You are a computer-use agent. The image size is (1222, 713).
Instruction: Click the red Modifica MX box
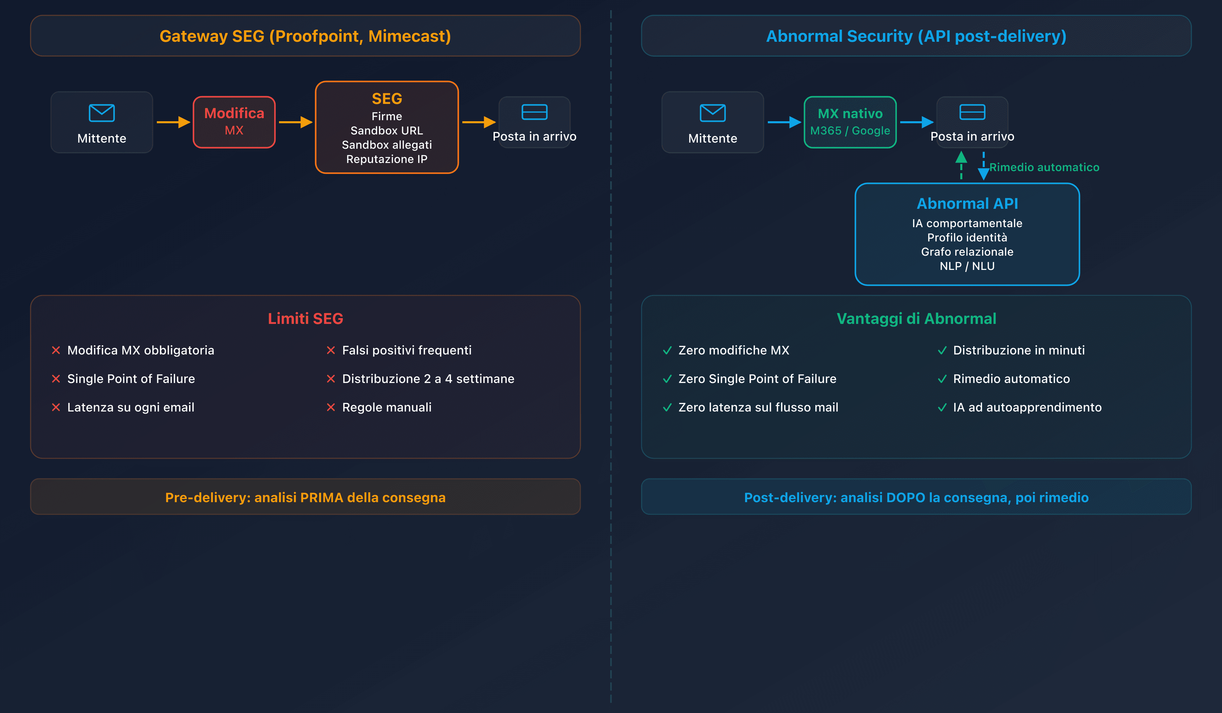click(234, 122)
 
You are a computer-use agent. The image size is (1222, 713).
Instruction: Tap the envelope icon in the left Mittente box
click(101, 113)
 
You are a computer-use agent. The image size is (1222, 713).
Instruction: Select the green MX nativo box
click(850, 122)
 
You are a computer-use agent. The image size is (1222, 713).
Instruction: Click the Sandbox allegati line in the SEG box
click(387, 145)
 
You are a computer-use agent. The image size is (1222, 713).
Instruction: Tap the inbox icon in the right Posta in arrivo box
click(972, 112)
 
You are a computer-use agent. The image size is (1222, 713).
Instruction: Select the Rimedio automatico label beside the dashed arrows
click(1044, 167)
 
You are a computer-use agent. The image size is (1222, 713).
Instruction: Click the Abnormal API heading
click(967, 204)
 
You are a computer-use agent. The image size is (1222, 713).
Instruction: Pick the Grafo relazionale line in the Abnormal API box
click(967, 252)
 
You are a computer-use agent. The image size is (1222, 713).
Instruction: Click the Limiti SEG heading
click(305, 319)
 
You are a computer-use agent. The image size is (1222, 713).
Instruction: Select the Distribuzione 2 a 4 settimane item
click(428, 379)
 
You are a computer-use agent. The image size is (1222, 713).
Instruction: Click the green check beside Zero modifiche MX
click(667, 350)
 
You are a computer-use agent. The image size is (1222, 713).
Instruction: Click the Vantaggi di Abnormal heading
click(916, 319)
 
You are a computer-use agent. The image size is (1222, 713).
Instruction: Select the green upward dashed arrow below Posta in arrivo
click(961, 165)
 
